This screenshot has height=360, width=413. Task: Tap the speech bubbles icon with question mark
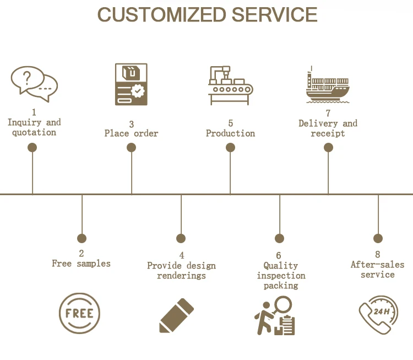coord(34,83)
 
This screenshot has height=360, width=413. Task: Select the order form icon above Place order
coord(131,84)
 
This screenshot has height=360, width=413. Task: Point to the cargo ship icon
coord(328,85)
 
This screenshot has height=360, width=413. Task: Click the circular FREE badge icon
coord(79,313)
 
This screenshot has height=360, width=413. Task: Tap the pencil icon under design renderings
coord(177,315)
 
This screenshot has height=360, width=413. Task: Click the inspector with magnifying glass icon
coord(275,316)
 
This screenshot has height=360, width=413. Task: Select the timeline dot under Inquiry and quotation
coord(32,147)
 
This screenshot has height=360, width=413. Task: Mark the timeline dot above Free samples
coord(81,238)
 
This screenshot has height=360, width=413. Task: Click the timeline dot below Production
coord(230,147)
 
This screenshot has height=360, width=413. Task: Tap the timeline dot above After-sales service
coord(378,238)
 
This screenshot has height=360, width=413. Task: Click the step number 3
coord(132,124)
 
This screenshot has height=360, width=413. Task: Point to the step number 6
coord(279,255)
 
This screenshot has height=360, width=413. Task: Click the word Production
coord(230,133)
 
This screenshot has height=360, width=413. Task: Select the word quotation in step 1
coord(34,132)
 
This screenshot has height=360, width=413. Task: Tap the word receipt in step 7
coord(328,133)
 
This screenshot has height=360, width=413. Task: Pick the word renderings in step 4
coord(181,275)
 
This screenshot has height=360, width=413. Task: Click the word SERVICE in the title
coord(275,15)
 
